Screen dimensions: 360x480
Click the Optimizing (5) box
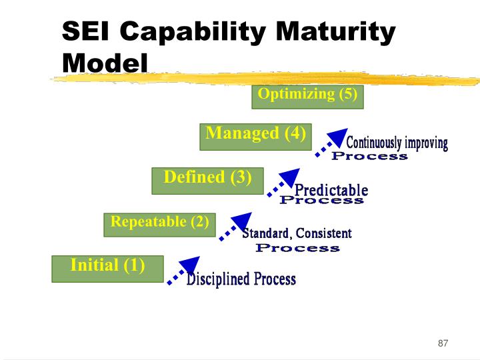click(x=307, y=96)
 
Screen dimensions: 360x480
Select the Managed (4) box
click(x=255, y=136)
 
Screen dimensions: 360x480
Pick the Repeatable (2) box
click(x=159, y=224)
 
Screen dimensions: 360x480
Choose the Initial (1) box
click(x=107, y=268)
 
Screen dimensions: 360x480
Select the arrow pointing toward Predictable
click(x=284, y=182)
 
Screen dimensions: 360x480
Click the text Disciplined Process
click(x=241, y=279)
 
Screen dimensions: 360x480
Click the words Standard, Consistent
click(x=296, y=233)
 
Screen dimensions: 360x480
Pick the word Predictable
click(x=331, y=190)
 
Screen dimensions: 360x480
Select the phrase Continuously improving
click(x=397, y=143)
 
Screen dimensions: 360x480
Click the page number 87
click(x=443, y=343)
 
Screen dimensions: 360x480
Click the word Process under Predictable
click(x=321, y=200)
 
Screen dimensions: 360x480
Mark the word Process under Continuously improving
click(x=369, y=156)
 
